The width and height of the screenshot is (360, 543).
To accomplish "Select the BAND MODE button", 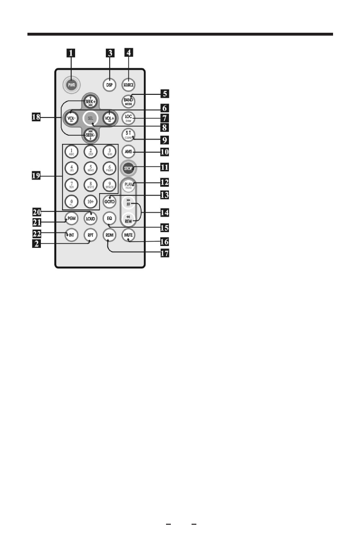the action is pyautogui.click(x=128, y=101).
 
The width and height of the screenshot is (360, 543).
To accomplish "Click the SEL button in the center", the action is pyautogui.click(x=90, y=117).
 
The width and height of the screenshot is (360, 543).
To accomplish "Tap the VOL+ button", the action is pyautogui.click(x=108, y=117).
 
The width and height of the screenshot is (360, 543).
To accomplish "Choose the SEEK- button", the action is pyautogui.click(x=90, y=135).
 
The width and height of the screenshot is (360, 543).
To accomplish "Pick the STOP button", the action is pyautogui.click(x=128, y=169).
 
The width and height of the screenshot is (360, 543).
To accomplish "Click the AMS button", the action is pyautogui.click(x=128, y=152).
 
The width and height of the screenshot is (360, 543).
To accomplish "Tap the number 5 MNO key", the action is pyautogui.click(x=90, y=168).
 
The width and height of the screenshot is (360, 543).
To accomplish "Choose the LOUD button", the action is pyautogui.click(x=90, y=219).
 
